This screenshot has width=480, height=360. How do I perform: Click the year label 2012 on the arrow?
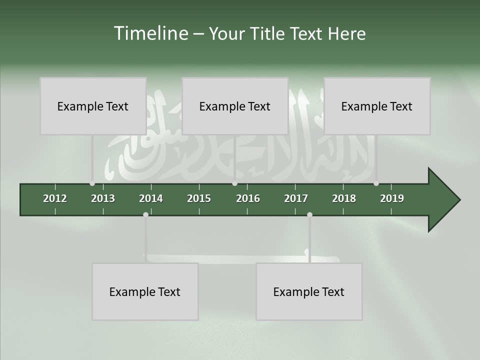[55, 198]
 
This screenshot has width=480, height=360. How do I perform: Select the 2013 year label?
[103, 198]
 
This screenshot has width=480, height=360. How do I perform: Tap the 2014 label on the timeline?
[151, 198]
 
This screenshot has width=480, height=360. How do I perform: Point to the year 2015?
[199, 198]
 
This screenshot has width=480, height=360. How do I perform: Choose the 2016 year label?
[248, 198]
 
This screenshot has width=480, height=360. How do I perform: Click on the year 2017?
[296, 198]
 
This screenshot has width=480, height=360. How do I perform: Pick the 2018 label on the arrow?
[344, 198]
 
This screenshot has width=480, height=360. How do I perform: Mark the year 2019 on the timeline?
[392, 198]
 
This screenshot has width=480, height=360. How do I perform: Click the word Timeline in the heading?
[150, 33]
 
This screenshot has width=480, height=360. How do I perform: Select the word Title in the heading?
[268, 33]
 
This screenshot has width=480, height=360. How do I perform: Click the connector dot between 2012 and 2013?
[92, 183]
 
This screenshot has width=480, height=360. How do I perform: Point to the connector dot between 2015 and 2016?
[234, 183]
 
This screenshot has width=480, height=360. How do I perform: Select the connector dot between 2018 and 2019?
[376, 183]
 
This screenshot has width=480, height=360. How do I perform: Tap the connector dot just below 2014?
[145, 214]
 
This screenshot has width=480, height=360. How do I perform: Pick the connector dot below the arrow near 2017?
[309, 214]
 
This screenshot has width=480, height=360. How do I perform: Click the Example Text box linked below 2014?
[145, 291]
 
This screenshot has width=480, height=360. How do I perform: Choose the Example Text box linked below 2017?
[309, 291]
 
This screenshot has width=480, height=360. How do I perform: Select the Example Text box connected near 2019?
[377, 106]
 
